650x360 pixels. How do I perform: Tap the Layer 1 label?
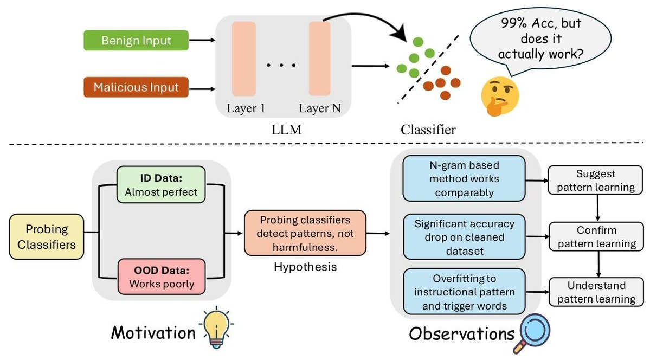pyautogui.click(x=246, y=108)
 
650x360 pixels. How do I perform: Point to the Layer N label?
pyautogui.click(x=320, y=108)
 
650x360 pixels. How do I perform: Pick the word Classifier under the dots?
pyautogui.click(x=428, y=130)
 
